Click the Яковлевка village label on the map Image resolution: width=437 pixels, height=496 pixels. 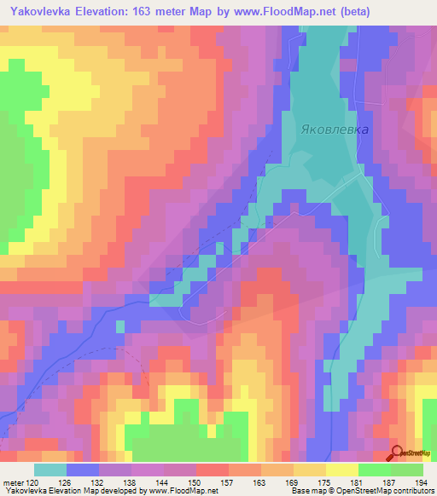point(335,130)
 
